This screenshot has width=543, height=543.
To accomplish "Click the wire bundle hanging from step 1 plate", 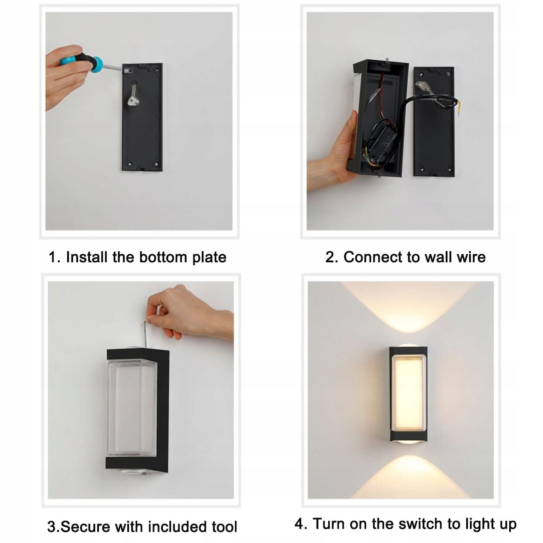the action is pyautogui.click(x=132, y=93).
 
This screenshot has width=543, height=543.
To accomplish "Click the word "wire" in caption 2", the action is pyautogui.click(x=472, y=257).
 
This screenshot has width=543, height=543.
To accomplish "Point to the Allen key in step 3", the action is pyautogui.click(x=145, y=333).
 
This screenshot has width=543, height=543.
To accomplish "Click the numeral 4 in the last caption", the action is pyautogui.click(x=299, y=523).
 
